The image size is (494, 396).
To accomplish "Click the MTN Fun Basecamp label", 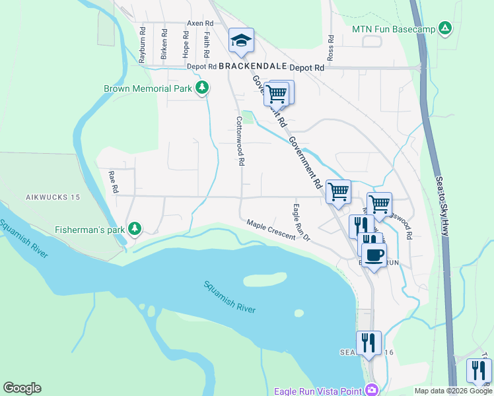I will (394, 29).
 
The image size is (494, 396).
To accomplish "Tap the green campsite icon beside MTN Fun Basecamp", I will (445, 28).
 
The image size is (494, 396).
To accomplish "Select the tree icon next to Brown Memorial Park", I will (202, 88).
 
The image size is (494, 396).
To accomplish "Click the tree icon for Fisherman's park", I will (135, 228).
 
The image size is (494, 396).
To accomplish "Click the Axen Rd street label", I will (199, 23).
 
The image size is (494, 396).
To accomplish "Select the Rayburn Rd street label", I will (141, 44).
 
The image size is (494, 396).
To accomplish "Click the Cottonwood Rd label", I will (241, 141).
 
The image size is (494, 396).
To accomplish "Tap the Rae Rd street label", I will (114, 183).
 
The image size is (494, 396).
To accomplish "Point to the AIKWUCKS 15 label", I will (53, 197).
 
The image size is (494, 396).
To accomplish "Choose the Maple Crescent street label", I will (271, 230).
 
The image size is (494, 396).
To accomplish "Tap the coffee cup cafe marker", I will (374, 254).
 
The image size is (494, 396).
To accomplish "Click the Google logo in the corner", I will (22, 388).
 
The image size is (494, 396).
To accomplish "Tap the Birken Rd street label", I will (164, 44).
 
